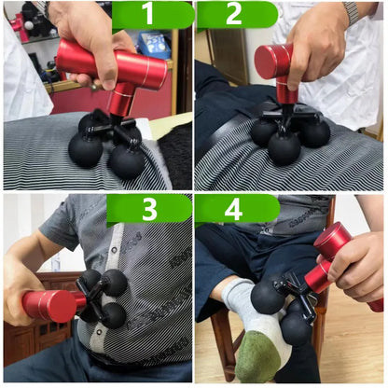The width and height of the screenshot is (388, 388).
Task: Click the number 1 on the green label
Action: [x=150, y=15]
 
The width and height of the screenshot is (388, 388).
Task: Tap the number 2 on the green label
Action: [x=233, y=15]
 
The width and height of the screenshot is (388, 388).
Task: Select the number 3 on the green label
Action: [x=150, y=210]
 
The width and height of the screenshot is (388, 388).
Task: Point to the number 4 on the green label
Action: [x=233, y=210]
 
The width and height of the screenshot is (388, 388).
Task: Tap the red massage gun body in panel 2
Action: [x=274, y=63]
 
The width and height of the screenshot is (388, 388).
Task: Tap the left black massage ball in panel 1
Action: [x=86, y=150]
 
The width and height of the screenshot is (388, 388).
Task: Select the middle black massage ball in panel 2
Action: [x=284, y=147]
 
